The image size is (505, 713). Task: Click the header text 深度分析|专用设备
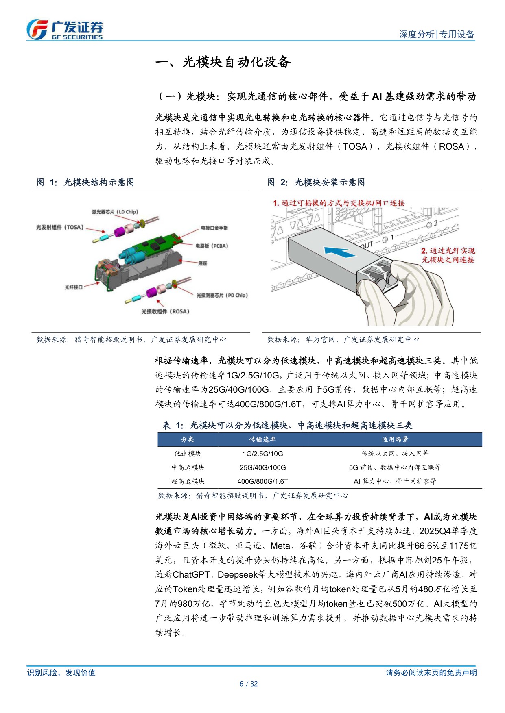point(436,35)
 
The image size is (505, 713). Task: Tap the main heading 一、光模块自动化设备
point(223,62)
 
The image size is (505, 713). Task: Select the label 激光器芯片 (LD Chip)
point(115,212)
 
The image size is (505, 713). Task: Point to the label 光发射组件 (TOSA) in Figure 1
point(59,227)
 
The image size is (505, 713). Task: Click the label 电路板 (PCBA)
point(212,246)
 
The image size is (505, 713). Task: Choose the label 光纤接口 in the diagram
point(73,287)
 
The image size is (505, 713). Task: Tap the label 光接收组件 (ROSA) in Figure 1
point(165,311)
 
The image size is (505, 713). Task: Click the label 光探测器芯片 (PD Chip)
point(222,296)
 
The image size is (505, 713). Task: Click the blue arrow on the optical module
point(340,252)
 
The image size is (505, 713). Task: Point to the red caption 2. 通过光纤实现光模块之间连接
point(448,255)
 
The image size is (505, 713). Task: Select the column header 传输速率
point(262,439)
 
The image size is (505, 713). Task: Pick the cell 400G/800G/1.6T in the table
point(262,481)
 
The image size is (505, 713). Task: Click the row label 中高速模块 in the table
point(188,467)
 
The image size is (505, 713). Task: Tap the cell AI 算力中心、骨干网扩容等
point(394,481)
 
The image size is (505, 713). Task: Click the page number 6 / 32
point(249,684)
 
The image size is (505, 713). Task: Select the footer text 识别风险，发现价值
point(61,672)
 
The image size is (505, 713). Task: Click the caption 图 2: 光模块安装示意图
point(316,182)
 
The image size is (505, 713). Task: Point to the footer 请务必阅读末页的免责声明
point(431,672)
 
